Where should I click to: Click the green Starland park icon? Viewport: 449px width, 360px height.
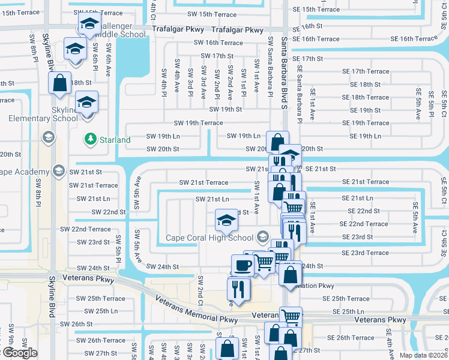[91, 139]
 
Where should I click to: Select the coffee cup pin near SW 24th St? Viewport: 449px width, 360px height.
[243, 265]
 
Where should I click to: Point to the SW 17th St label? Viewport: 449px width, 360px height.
[214, 56]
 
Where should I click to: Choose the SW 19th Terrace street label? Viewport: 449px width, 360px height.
[198, 123]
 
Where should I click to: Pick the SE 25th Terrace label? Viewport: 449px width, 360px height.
[346, 298]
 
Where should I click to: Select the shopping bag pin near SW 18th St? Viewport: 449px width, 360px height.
[60, 84]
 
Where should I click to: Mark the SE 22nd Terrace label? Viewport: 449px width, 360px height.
[364, 224]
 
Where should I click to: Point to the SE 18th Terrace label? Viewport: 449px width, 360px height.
[365, 97]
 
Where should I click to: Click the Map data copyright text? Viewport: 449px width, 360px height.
[424, 355]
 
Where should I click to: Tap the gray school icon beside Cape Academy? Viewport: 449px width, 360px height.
[59, 172]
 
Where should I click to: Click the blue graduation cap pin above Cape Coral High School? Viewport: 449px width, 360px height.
[226, 220]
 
